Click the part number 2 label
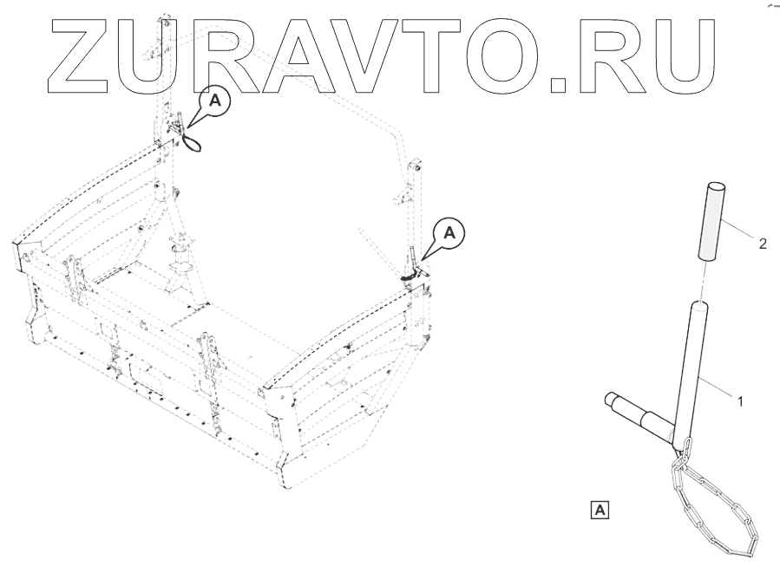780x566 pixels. point(763,244)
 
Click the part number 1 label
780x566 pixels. point(739,401)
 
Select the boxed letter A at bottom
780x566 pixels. point(600,509)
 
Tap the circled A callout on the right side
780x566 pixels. point(449,231)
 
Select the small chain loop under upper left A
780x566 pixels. point(193,138)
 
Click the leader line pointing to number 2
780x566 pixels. point(743,232)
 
